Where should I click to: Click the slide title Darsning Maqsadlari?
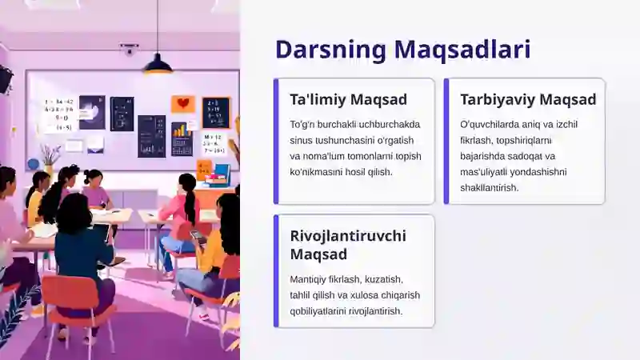click(402, 49)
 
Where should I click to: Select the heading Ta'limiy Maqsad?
click(348, 100)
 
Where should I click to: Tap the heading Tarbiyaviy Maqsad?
click(528, 100)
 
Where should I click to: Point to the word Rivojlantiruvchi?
click(350, 236)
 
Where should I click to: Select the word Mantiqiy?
click(312, 279)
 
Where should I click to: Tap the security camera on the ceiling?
click(128, 50)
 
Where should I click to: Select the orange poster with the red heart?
click(182, 104)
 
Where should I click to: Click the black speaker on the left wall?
click(6, 78)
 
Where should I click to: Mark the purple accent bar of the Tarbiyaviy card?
click(446, 141)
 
